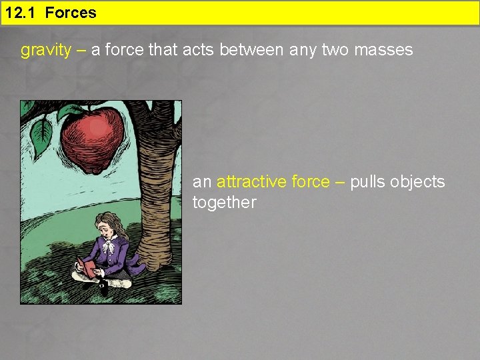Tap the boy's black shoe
[x=103, y=287]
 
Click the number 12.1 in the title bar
[x=22, y=13]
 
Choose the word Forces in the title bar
[x=71, y=13]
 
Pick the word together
[x=224, y=203]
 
